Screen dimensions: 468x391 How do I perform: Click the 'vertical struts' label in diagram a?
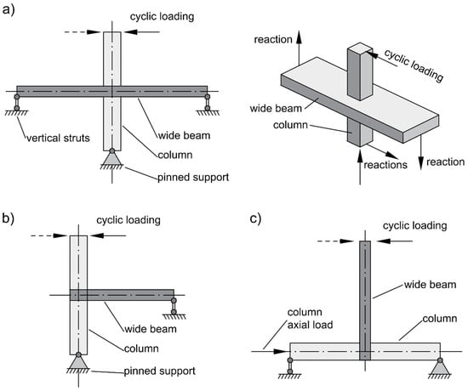point(58,138)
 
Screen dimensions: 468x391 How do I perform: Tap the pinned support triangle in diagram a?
point(112,158)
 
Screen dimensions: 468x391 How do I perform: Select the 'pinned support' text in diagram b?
point(160,371)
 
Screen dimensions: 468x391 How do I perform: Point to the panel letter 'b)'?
point(8,218)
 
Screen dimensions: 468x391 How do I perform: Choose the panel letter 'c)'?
point(255,218)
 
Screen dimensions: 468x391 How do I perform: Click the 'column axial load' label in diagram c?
point(310,318)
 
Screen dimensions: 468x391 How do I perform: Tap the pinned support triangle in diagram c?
point(440,367)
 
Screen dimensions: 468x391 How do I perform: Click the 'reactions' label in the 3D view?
point(385,165)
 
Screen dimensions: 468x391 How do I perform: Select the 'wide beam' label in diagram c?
point(430,284)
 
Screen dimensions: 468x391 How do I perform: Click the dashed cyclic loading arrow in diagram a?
point(82,31)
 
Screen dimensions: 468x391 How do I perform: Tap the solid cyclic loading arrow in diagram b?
point(108,235)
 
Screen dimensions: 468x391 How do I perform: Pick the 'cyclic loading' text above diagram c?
point(415,225)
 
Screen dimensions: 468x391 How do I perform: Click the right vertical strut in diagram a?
point(207,102)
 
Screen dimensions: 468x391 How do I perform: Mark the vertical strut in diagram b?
point(174,306)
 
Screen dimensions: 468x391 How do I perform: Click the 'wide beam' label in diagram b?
point(151,329)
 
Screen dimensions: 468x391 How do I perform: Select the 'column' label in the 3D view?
point(290,125)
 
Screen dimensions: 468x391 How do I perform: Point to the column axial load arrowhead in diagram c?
point(282,351)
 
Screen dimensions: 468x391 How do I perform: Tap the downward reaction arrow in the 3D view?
point(420,152)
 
